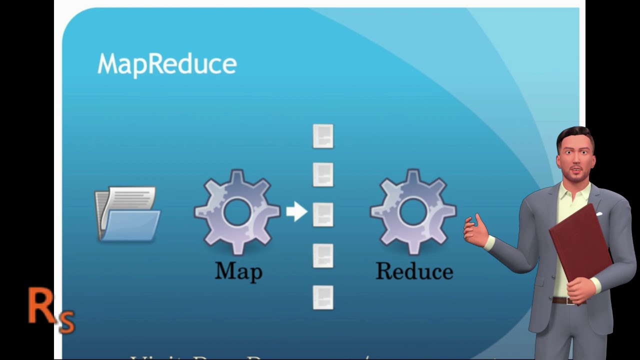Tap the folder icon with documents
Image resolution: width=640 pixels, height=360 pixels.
(128, 214)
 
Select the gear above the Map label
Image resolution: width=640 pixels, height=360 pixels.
(237, 211)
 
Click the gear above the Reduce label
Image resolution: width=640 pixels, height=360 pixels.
(413, 211)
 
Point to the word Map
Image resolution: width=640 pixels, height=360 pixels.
(238, 271)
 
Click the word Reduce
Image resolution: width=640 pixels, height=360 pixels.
(414, 271)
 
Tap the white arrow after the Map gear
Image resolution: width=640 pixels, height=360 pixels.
(297, 211)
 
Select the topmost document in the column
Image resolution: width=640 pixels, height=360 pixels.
(323, 136)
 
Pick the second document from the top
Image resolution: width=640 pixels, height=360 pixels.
(323, 175)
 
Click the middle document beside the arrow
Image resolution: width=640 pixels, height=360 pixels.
(323, 215)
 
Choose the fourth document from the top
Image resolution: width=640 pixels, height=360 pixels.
(323, 255)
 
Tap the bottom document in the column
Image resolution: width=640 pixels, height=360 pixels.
(323, 297)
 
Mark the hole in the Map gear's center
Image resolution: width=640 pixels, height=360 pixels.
(237, 211)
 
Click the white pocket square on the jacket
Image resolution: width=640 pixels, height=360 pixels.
(599, 214)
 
